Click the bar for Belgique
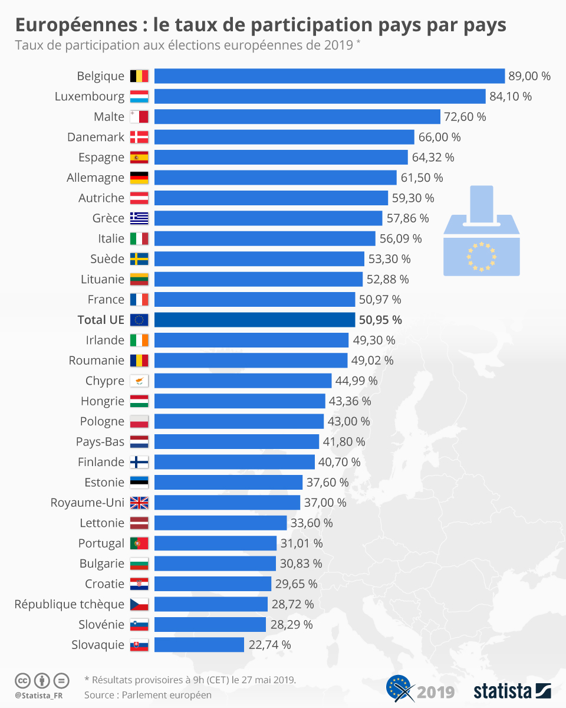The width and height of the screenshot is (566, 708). pos(329,76)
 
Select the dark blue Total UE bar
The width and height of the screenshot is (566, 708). pos(254,320)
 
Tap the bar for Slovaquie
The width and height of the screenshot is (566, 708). pos(199,645)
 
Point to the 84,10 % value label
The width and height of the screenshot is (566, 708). pos(510,96)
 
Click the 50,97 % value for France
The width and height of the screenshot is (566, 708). pos(380,300)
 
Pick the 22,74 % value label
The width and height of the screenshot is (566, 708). pos(269,645)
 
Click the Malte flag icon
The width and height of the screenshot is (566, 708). pos(140,117)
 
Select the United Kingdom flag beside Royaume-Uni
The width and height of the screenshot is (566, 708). pos(140,503)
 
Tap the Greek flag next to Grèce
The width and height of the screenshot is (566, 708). pos(140,218)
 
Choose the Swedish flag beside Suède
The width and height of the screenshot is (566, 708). pos(140,259)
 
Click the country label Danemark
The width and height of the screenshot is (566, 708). pos(96,137)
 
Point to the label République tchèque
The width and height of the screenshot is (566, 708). pos(70,604)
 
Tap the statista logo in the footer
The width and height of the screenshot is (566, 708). pos(511,690)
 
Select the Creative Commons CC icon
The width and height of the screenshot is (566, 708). pos(22,680)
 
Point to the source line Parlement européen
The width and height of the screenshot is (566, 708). pos(147,695)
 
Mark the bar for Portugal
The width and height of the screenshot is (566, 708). pos(215,543)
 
